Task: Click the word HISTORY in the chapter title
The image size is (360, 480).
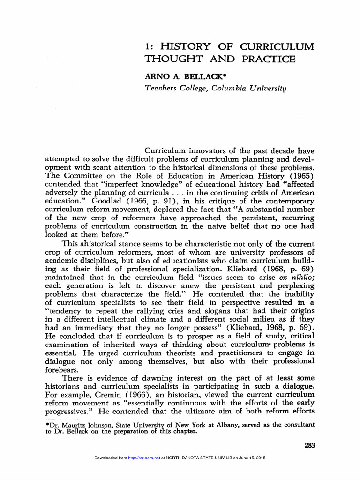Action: (x=186, y=47)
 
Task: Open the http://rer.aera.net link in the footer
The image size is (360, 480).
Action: (x=144, y=457)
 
